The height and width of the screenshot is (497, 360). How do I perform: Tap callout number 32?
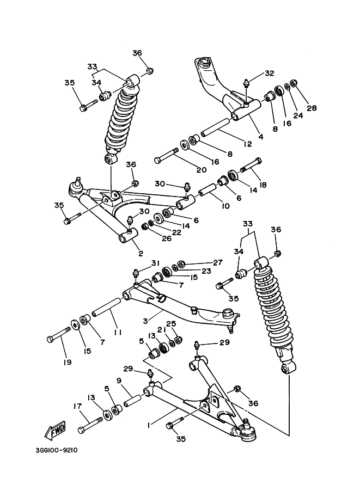[x=270, y=73]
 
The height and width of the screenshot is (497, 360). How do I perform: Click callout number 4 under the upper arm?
[x=261, y=137]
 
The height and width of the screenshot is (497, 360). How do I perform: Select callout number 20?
[x=201, y=169]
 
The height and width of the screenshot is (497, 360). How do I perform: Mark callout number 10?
[x=225, y=207]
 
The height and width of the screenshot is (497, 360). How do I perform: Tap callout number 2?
[x=140, y=253]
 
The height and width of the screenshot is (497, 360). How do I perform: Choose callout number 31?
[x=156, y=263]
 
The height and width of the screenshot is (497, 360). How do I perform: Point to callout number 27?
[x=218, y=262]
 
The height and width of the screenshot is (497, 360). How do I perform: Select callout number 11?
[x=117, y=332]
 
